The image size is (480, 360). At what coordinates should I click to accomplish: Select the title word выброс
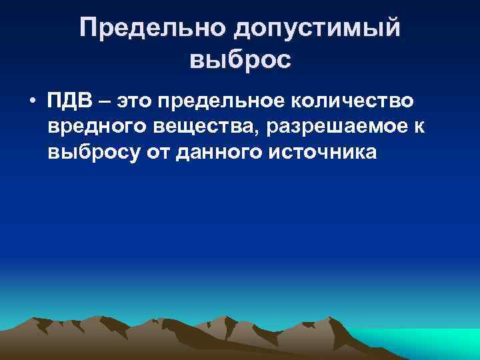point(240,61)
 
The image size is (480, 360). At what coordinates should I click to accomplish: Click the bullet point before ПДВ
point(31,102)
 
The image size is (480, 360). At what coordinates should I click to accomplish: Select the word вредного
point(93,127)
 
